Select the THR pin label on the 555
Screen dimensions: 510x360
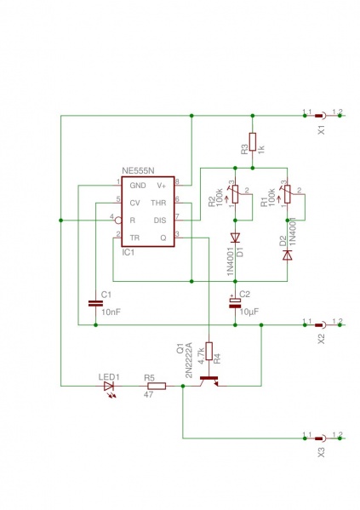(159, 203)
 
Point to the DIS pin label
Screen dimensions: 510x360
(160, 220)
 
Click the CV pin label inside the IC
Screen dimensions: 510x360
(134, 203)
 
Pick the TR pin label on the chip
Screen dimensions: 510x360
(134, 237)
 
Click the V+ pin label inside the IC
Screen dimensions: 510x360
(161, 185)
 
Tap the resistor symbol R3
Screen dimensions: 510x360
(252, 142)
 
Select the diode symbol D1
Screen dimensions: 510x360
(236, 238)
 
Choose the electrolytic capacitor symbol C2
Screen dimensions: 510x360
(236, 302)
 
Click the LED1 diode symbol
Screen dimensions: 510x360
(108, 386)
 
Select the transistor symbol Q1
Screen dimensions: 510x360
(207, 382)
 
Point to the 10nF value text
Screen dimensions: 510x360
(111, 312)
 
